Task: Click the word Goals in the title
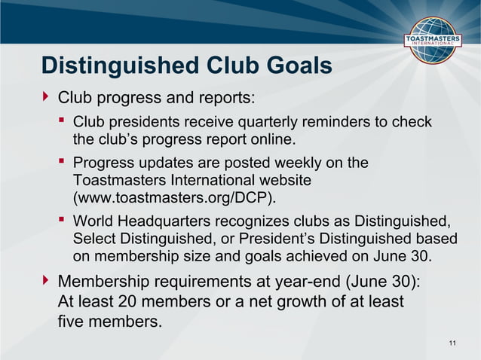pyautogui.click(x=296, y=66)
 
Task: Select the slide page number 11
pyautogui.click(x=452, y=343)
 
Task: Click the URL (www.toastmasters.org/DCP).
pyautogui.click(x=174, y=199)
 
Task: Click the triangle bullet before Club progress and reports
pyautogui.click(x=47, y=97)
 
